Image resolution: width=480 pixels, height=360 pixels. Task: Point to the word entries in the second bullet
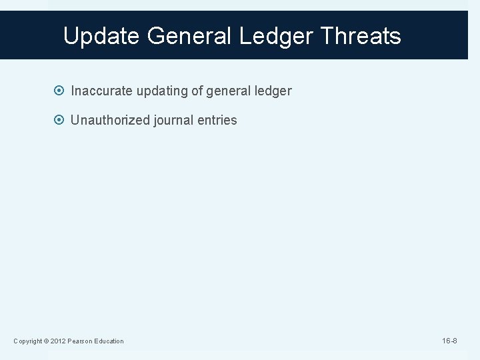[217, 121]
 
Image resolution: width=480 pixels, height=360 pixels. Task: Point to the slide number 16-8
[451, 341]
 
